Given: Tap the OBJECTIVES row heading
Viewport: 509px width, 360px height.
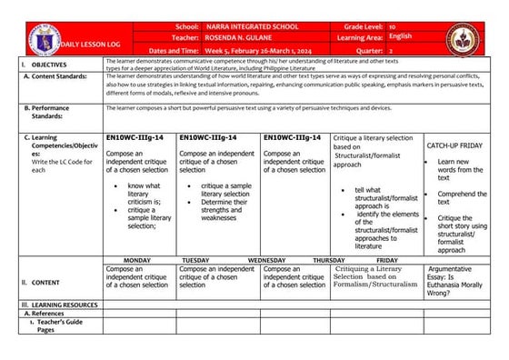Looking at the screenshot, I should (44, 65).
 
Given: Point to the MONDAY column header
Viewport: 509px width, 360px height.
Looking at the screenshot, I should (137, 260).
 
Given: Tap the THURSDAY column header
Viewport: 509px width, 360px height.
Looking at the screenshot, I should (329, 260).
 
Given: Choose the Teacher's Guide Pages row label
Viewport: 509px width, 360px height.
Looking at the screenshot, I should (58, 326).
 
